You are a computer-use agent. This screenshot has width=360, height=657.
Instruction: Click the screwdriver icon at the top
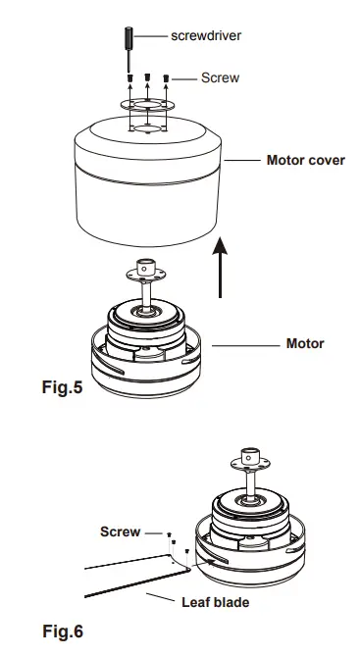click(129, 41)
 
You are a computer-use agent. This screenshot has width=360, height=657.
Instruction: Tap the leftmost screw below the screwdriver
click(129, 76)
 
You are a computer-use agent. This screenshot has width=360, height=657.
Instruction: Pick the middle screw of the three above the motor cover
click(147, 76)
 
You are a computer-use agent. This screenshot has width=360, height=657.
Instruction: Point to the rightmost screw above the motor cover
click(166, 76)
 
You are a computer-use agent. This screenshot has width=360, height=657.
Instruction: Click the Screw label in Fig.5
click(220, 76)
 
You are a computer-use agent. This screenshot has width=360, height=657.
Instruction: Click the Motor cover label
click(305, 159)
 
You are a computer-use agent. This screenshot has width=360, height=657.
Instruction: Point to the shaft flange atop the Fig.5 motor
click(147, 268)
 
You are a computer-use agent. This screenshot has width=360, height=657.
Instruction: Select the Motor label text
click(304, 344)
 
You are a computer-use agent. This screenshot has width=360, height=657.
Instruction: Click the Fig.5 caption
click(63, 387)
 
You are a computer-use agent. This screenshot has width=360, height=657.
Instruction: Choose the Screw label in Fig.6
click(120, 532)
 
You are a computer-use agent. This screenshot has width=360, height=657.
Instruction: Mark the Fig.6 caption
click(63, 633)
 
